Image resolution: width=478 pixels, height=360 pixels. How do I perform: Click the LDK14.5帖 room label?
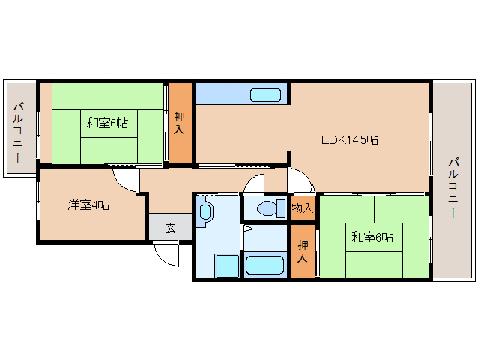tap(350, 139)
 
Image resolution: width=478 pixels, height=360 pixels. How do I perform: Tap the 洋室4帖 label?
tap(88, 205)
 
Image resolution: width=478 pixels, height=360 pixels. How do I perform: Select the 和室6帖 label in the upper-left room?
tap(107, 123)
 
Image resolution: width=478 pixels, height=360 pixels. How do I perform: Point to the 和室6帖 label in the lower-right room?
tap(372, 237)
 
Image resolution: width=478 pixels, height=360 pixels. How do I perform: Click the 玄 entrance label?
tap(170, 227)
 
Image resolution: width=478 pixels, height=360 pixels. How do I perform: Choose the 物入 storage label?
tap(303, 208)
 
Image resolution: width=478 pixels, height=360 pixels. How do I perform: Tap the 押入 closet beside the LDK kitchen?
tap(179, 123)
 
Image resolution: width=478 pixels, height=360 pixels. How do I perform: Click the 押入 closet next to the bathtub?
tap(303, 251)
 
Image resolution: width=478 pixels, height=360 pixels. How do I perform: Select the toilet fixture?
tap(271, 208)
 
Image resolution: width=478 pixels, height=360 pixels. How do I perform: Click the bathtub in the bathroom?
tap(264, 265)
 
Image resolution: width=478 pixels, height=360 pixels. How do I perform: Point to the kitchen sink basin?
tap(265, 95)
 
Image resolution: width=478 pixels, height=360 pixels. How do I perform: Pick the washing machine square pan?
tap(227, 265)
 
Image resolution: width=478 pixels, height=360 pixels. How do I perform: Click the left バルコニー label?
tap(17, 133)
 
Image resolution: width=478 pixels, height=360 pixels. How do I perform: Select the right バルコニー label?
tap(453, 187)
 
